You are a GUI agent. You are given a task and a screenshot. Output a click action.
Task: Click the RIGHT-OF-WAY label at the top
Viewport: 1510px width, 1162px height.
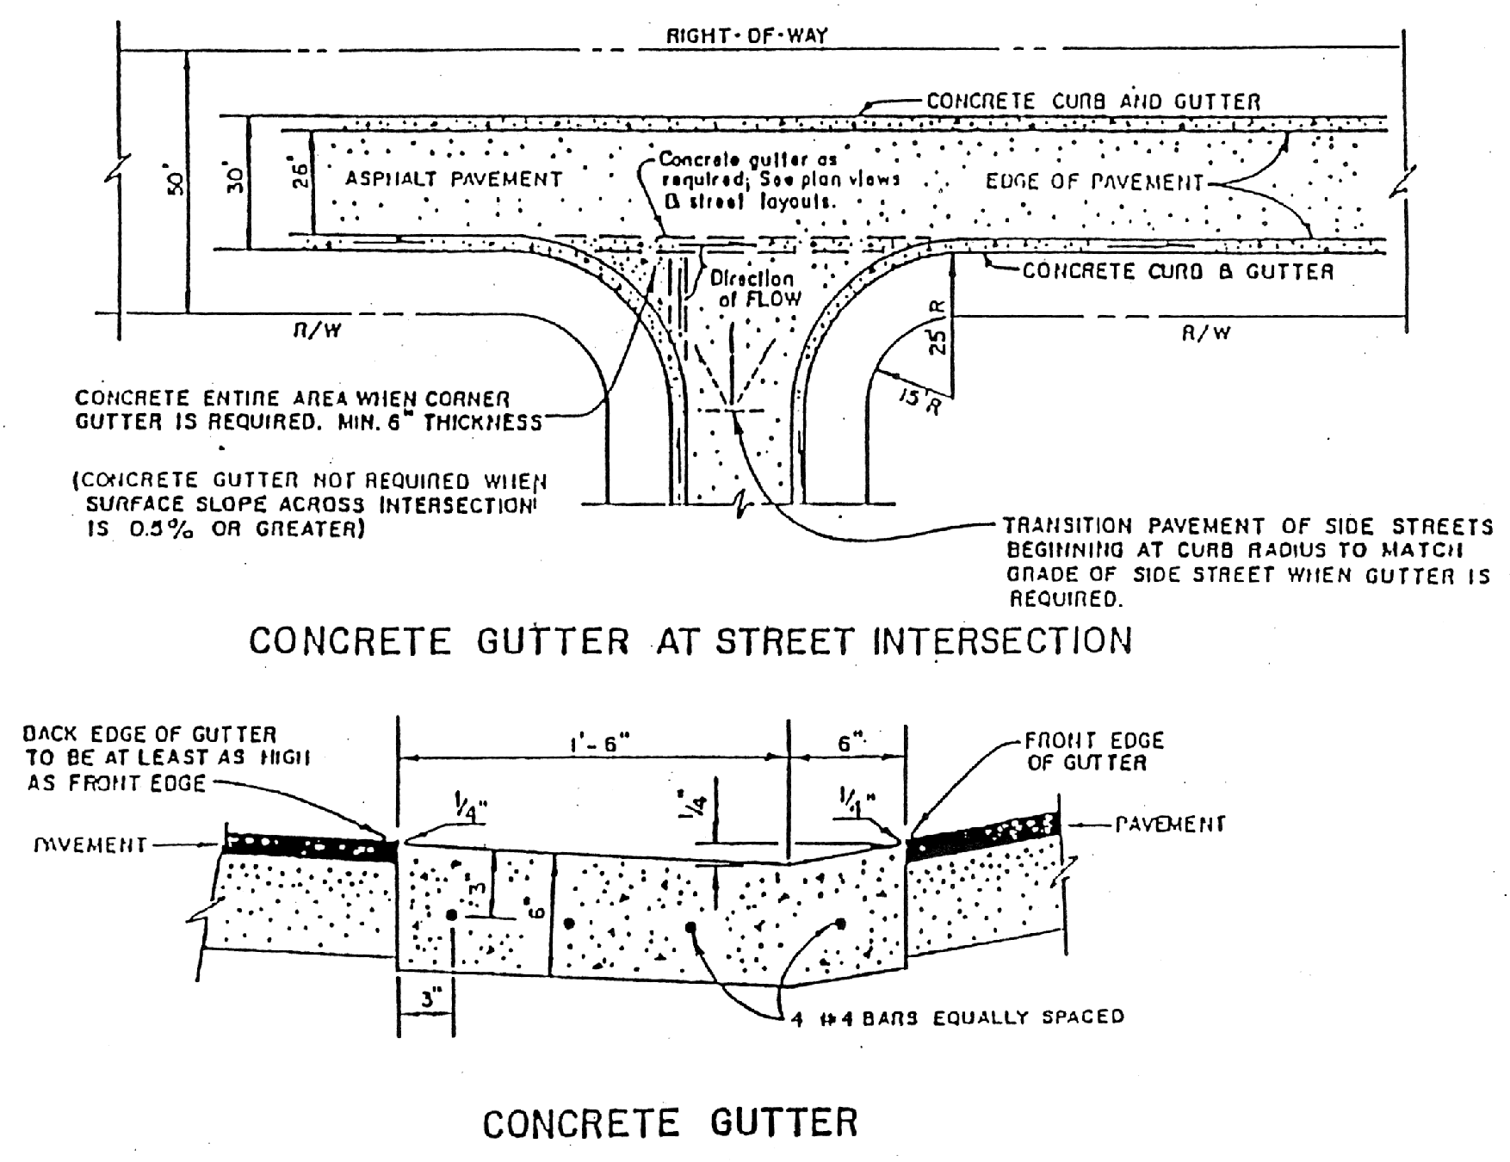[746, 36]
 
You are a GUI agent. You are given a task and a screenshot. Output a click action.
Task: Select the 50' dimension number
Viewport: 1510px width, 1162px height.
[176, 183]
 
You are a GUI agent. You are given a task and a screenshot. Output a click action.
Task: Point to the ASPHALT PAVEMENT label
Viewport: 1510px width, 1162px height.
[454, 179]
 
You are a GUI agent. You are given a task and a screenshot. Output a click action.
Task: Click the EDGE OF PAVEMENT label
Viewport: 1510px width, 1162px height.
[1094, 182]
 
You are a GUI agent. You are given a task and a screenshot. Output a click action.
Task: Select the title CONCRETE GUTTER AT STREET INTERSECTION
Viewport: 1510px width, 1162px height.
[690, 641]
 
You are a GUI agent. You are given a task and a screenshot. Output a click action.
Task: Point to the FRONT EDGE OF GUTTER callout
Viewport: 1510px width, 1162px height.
[1093, 751]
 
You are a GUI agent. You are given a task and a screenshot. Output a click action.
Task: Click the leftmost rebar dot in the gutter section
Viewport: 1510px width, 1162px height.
[452, 915]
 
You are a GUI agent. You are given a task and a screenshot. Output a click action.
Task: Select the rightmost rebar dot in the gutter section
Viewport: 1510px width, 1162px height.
[841, 924]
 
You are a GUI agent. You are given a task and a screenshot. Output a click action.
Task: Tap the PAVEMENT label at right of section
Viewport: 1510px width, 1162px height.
[1170, 825]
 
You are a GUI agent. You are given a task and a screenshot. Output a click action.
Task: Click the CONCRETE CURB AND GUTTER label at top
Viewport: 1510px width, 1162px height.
[1093, 102]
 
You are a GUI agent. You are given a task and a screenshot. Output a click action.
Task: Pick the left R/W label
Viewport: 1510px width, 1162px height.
[307, 331]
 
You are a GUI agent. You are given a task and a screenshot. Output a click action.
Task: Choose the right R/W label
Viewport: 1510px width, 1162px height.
[1205, 332]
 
